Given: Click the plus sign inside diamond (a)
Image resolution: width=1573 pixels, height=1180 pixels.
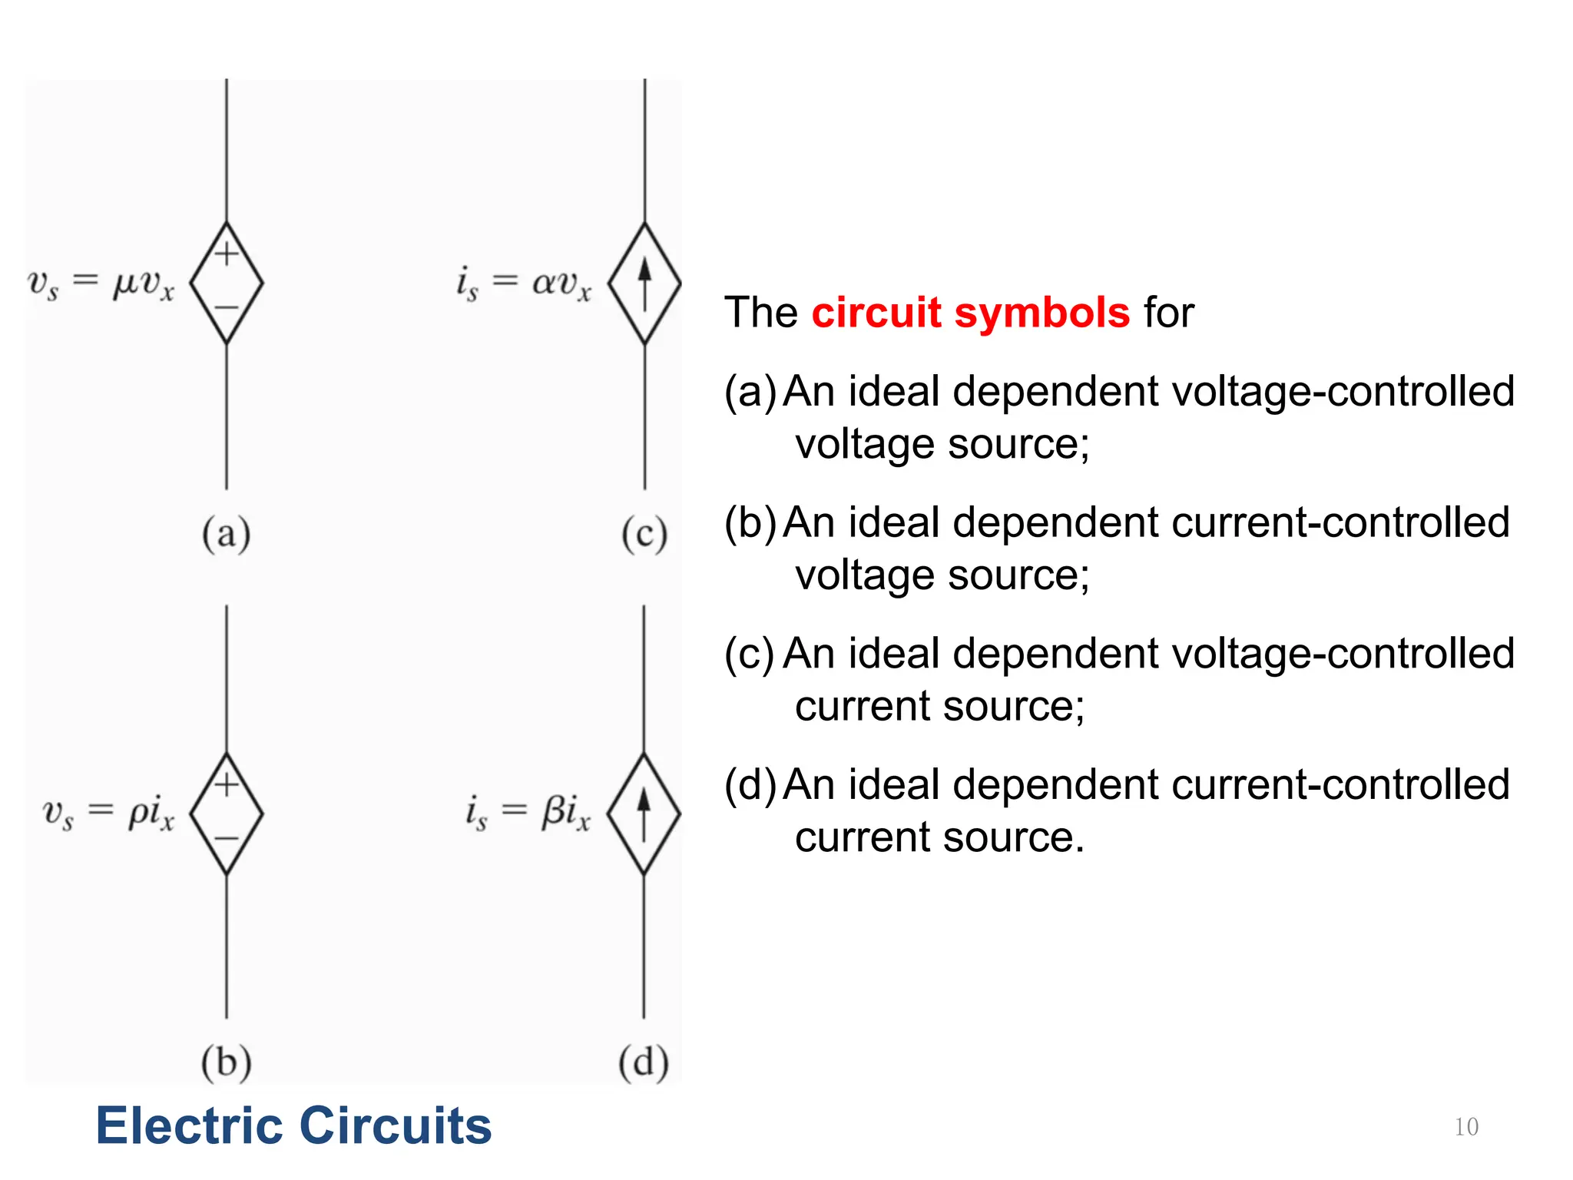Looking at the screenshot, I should [227, 254].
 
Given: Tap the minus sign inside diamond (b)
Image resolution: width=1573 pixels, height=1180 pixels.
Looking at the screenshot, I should [227, 839].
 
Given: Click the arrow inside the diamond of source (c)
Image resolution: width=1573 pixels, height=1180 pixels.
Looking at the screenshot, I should [644, 283].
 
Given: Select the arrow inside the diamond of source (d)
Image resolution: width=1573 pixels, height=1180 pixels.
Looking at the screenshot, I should [644, 814].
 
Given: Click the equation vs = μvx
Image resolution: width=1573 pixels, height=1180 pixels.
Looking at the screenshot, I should [101, 283].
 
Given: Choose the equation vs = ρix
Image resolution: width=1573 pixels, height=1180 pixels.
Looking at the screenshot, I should [108, 813].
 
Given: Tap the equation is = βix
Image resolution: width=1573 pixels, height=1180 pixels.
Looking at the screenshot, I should [528, 813].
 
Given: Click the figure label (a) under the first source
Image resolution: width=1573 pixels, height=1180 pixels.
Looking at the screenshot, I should [226, 534].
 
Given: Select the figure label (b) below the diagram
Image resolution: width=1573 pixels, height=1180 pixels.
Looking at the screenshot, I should [226, 1062].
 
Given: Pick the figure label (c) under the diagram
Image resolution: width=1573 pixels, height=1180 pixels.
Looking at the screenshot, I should [644, 534].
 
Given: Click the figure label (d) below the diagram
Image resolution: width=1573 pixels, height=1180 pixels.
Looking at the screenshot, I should [644, 1062].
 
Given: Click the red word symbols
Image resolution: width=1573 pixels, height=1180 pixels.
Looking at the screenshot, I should [1041, 313].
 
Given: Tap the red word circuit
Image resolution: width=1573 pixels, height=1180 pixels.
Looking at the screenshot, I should [876, 313].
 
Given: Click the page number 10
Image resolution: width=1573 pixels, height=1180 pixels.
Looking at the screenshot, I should [1465, 1127].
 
